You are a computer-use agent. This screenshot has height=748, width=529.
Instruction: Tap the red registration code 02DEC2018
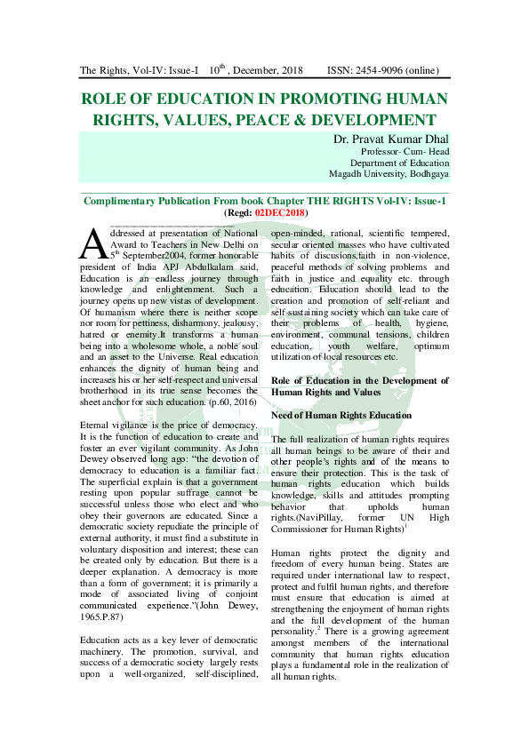279,213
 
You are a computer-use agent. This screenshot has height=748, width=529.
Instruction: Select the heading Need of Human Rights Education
341,415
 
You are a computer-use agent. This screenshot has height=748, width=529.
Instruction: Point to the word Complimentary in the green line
132,202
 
